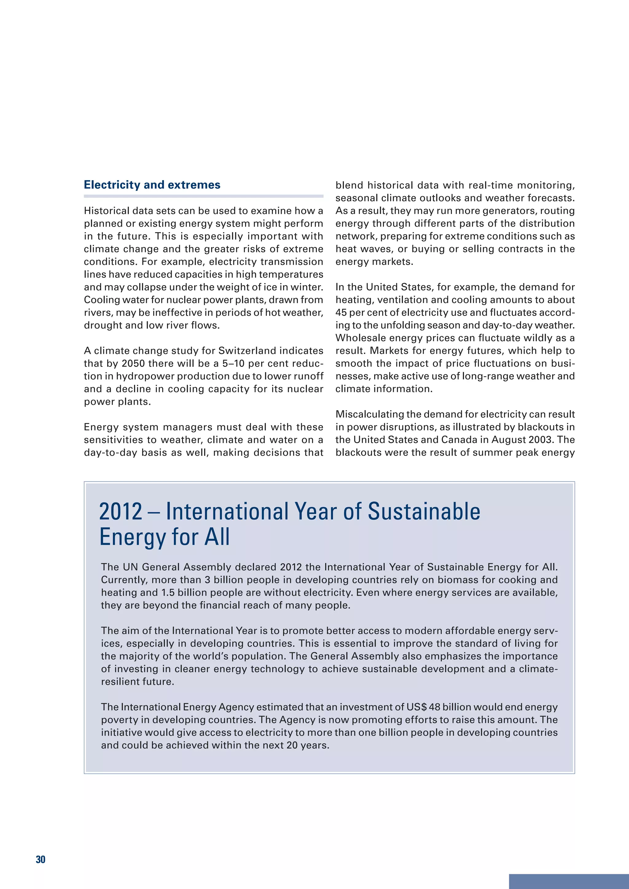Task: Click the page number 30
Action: [41, 859]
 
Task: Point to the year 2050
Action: [133, 363]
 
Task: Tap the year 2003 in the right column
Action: [541, 440]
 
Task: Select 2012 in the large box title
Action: [120, 511]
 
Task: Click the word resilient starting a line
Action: [118, 681]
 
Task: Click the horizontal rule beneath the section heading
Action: [203, 196]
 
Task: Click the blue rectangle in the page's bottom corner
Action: [568, 881]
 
